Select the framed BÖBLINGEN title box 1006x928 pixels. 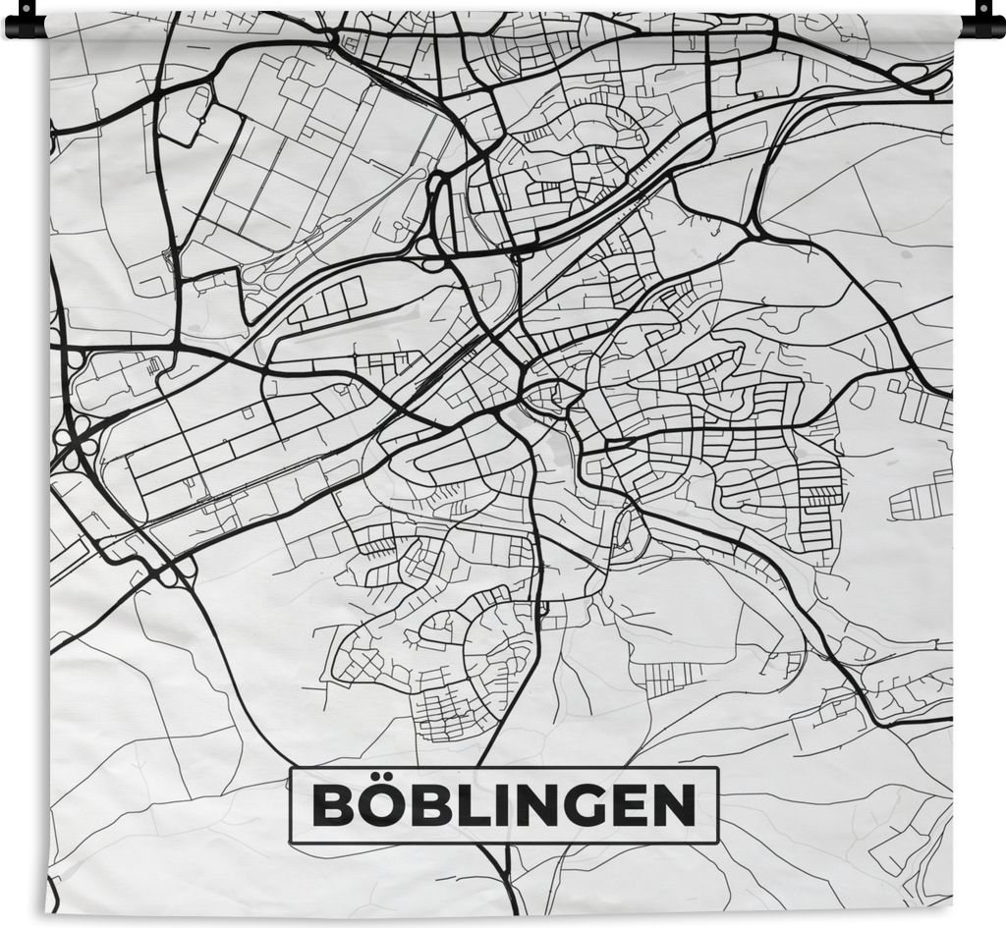point(503,805)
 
